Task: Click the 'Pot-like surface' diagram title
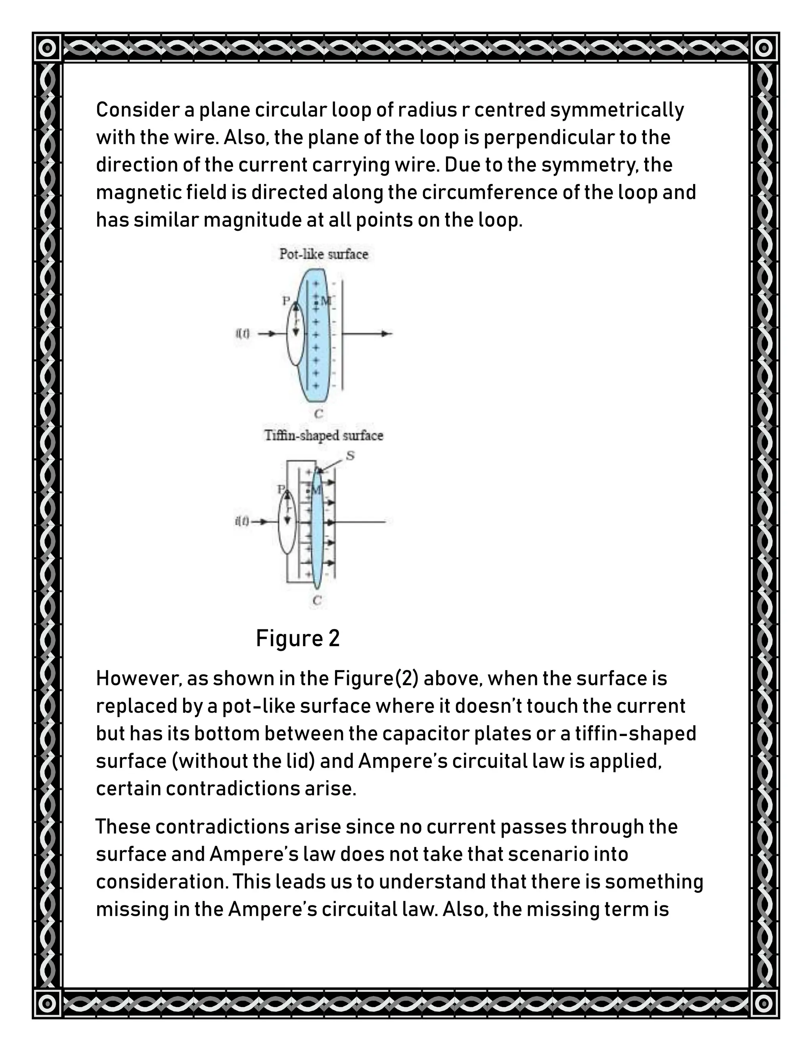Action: coord(324,254)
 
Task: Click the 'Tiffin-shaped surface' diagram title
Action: coord(324,435)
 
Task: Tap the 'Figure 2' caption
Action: coord(298,639)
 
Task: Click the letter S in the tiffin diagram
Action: coord(350,455)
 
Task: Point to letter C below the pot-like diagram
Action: coord(318,413)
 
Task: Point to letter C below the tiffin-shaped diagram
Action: coord(317,600)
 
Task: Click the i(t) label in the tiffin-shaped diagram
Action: coord(242,521)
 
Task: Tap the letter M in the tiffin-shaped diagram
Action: coord(316,490)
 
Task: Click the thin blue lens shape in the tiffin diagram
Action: coord(317,529)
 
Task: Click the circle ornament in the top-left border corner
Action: coord(47,48)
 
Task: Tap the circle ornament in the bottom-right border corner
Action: coord(763,1004)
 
